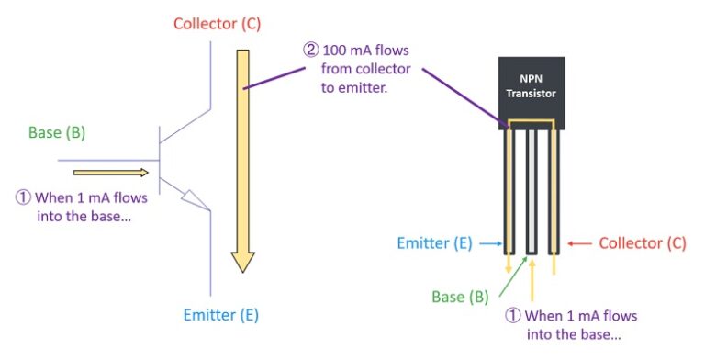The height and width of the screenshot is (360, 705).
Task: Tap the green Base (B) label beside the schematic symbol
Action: tap(57, 132)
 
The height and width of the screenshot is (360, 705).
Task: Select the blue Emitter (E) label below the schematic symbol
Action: tap(219, 315)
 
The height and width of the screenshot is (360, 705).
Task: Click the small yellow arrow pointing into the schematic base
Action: tap(110, 172)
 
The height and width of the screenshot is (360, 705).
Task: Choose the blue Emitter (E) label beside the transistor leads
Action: tap(434, 243)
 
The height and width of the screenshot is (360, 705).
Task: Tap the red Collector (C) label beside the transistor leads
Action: tap(643, 243)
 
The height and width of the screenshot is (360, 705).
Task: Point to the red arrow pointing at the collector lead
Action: tap(578, 243)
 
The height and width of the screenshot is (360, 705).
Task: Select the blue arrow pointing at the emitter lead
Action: tap(492, 243)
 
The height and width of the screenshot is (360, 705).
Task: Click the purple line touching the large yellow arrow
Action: tap(275, 75)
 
